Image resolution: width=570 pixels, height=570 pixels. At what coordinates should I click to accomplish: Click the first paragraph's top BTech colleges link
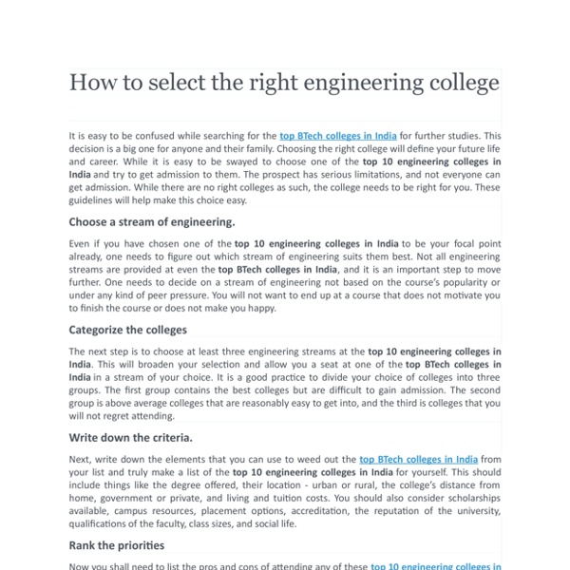point(337,136)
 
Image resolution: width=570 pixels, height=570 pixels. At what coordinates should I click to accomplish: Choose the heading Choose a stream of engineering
point(151,222)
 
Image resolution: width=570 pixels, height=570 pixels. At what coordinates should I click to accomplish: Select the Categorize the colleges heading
point(127,330)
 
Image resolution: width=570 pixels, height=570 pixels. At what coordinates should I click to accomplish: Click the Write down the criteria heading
point(130,438)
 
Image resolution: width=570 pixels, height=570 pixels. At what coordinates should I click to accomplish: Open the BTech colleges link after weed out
point(418,459)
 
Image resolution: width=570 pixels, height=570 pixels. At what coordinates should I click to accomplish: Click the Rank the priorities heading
point(116,545)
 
